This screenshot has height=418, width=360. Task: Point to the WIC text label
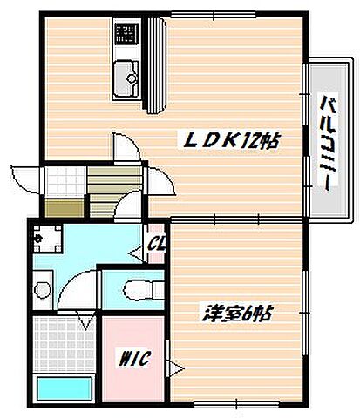pos(134,356)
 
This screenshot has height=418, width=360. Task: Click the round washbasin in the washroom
pos(43,287)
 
